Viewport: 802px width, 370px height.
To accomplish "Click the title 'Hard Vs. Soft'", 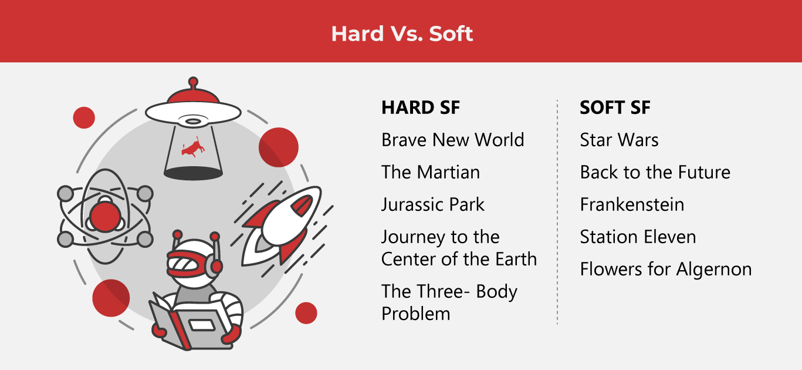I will [402, 33].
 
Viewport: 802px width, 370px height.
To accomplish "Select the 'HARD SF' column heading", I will [420, 107].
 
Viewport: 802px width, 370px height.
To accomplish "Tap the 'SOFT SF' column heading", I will [615, 107].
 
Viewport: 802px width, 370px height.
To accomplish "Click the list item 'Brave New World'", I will [452, 140].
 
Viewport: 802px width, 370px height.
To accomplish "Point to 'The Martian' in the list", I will [430, 172].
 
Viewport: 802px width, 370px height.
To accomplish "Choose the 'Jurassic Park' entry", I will [433, 204].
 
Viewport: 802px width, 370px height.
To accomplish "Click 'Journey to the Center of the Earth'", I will [458, 248].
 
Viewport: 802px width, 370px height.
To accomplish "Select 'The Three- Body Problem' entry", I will [449, 302].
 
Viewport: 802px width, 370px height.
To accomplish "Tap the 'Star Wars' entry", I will [619, 140].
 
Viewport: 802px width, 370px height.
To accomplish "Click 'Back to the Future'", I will [655, 172].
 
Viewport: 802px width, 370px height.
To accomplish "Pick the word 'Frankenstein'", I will [632, 204].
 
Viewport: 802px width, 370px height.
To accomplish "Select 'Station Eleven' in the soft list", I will [638, 237].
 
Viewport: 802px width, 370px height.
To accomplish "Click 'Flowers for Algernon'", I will [665, 269].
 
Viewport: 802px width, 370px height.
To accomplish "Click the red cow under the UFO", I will [193, 149].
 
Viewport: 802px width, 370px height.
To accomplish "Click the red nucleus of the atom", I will [106, 216].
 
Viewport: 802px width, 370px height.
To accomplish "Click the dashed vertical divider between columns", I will [557, 211].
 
